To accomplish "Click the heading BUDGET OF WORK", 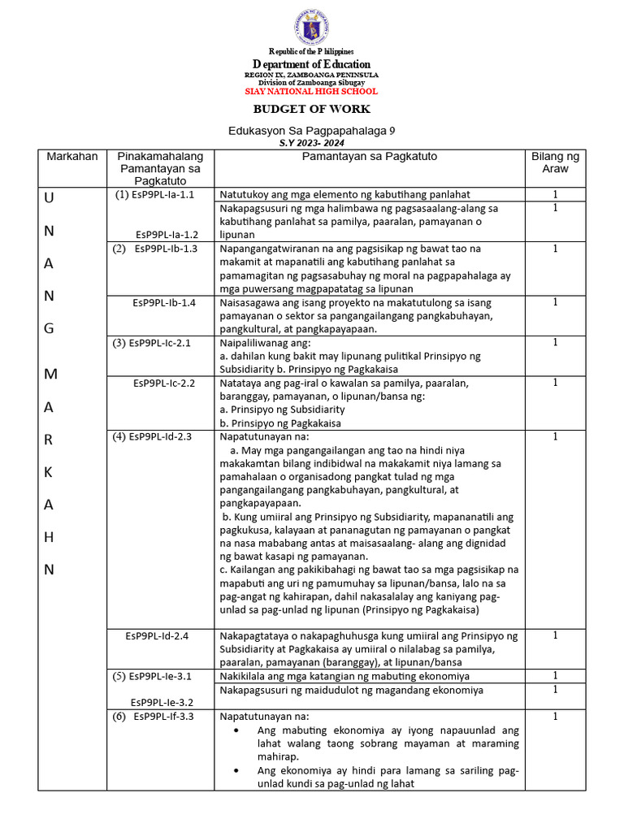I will (311, 109).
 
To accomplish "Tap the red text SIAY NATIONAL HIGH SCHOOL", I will (311, 92).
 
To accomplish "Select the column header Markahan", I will (71, 156).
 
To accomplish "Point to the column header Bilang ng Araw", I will (555, 162).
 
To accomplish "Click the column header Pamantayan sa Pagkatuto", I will (370, 156).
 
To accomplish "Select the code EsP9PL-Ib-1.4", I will (164, 302).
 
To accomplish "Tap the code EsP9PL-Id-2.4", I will (158, 635).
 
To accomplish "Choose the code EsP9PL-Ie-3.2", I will (163, 702).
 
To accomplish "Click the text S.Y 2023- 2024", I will (311, 142).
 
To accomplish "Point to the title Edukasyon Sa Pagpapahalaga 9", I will (311, 130).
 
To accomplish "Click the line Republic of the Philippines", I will (311, 52).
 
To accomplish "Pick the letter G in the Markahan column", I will (49, 328).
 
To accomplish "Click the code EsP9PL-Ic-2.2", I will (164, 383).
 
